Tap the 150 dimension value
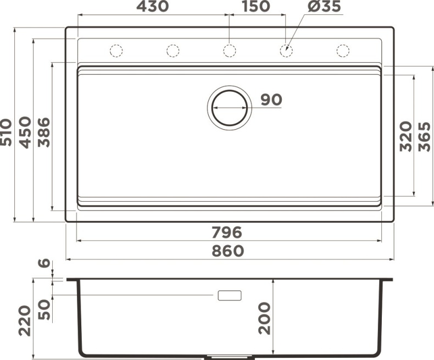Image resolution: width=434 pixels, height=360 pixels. [x=255, y=7]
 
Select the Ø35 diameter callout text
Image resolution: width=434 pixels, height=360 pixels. [x=325, y=7]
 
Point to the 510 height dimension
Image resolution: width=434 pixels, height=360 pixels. [x=7, y=132]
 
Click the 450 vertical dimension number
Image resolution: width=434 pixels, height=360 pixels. [x=25, y=132]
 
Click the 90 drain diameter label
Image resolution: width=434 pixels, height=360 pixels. [x=271, y=99]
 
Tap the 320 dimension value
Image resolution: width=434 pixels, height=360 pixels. [x=405, y=136]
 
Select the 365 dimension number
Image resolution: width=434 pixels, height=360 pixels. [x=424, y=136]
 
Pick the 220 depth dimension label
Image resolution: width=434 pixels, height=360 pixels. [x=25, y=321]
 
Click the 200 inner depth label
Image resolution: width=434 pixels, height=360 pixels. [x=264, y=318]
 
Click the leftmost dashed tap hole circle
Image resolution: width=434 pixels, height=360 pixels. [x=116, y=51]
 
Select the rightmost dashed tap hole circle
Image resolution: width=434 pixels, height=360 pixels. [x=343, y=51]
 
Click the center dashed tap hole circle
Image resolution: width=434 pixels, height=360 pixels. [x=229, y=51]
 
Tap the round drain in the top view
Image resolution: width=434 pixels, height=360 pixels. [x=229, y=107]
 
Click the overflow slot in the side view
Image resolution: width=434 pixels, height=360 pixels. [x=230, y=296]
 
